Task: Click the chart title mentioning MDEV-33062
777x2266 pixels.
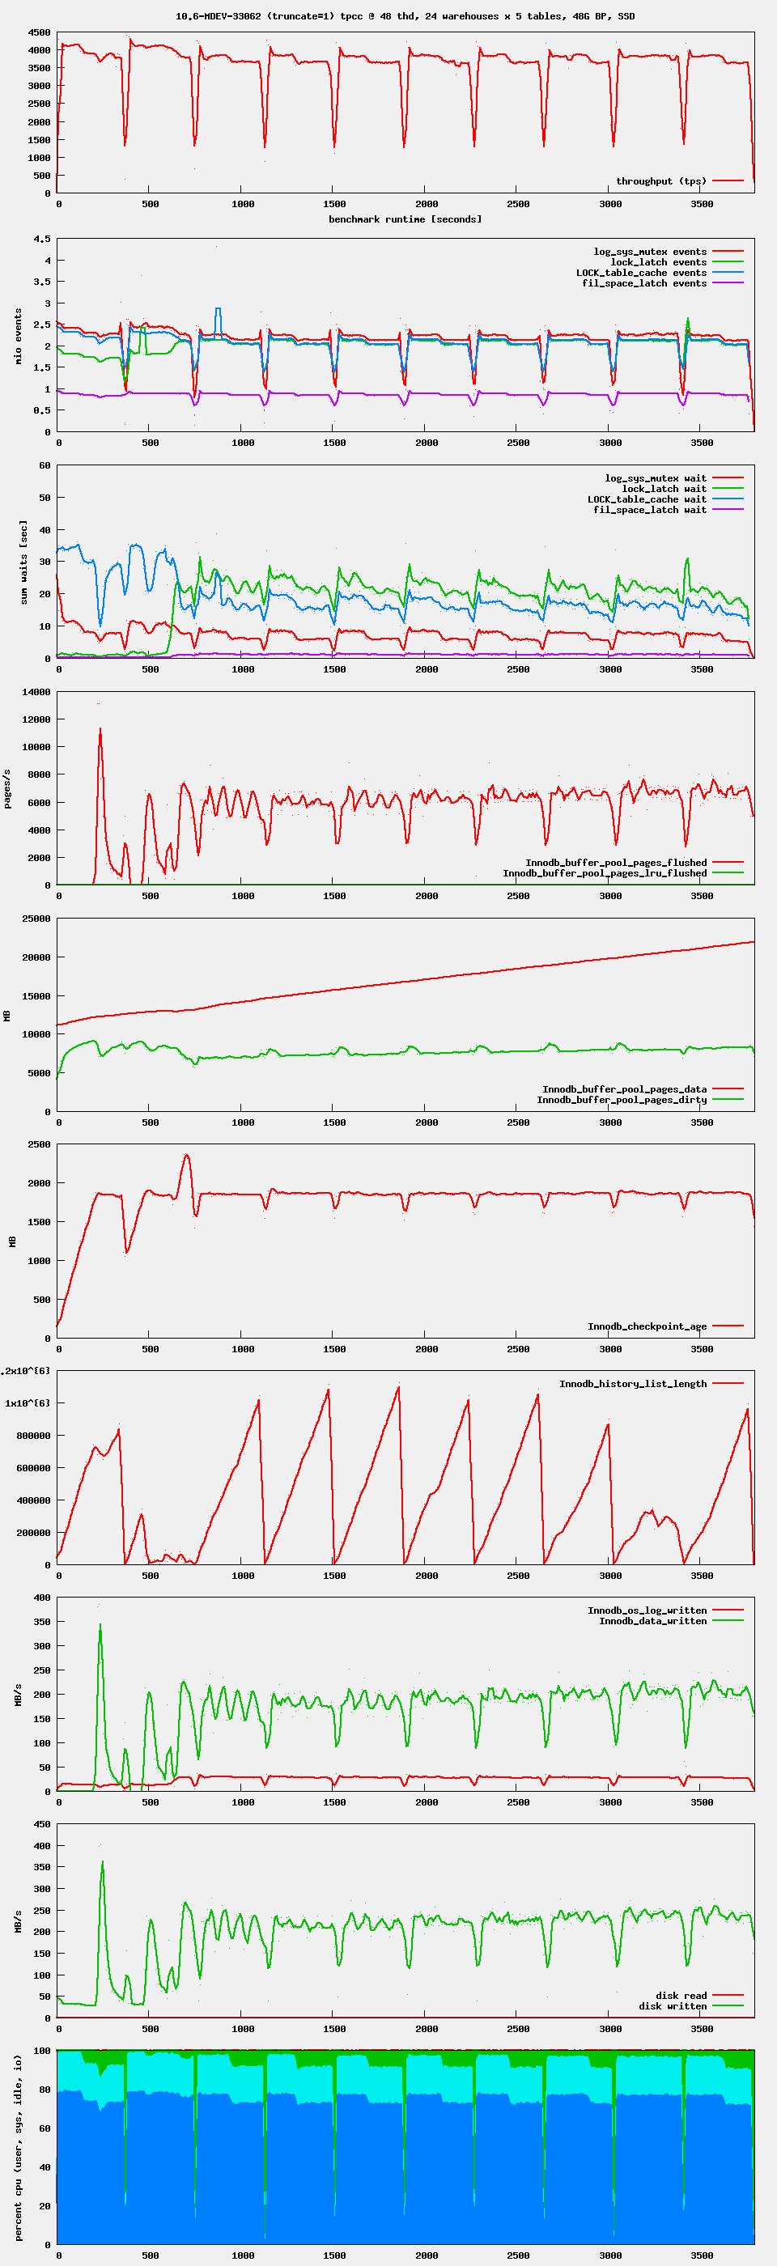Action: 405,16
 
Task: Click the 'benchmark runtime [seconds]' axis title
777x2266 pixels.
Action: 405,219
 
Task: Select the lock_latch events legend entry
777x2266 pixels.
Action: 658,262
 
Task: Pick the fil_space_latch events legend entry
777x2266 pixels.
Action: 644,283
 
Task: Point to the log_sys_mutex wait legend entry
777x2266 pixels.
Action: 656,478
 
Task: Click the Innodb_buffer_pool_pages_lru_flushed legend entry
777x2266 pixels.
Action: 605,873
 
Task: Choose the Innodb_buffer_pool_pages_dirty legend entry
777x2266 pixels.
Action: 622,1100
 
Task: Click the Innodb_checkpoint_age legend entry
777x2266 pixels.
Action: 647,1326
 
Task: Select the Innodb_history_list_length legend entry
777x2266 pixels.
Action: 633,1384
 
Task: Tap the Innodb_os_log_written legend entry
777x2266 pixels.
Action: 647,1610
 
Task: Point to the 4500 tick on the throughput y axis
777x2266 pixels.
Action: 39,32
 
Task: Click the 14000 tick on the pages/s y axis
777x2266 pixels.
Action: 36,692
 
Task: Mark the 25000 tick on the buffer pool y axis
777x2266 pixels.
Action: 36,919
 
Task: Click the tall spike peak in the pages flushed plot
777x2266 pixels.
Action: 100,729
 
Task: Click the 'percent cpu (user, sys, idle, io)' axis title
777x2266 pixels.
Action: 18,2147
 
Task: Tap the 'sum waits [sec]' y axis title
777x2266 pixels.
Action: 23,562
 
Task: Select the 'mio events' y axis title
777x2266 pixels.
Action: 18,336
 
